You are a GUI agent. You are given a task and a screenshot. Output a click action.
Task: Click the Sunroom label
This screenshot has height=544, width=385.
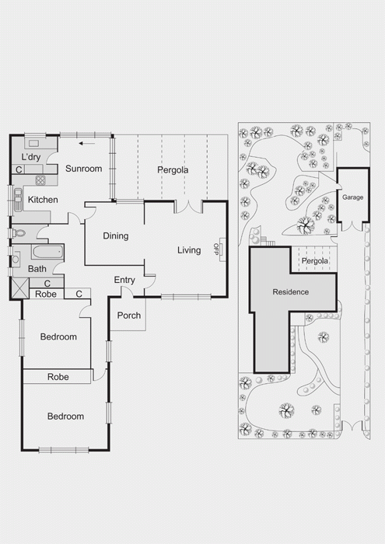(x=84, y=169)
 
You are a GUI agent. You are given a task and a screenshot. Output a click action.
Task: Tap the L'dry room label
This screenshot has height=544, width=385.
(x=31, y=157)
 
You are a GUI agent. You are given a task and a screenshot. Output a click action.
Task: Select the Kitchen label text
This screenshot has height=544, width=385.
(x=43, y=200)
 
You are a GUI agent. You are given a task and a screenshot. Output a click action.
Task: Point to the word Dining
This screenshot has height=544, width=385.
(x=116, y=236)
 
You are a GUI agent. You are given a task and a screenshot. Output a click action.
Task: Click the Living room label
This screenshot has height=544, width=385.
(x=189, y=250)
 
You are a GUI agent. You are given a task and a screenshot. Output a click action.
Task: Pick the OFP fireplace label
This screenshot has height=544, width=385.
(x=216, y=249)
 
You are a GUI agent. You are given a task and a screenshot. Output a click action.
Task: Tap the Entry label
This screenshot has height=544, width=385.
(x=124, y=280)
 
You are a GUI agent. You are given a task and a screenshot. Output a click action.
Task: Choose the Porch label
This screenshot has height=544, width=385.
(x=129, y=316)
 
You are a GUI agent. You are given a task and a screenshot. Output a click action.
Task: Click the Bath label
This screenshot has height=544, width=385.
(x=37, y=269)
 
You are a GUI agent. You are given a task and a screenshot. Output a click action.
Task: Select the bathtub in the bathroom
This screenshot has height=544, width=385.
(x=48, y=252)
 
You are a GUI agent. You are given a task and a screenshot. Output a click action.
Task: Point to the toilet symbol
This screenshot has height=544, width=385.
(x=19, y=233)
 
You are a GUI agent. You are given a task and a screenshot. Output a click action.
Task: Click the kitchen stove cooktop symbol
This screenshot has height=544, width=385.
(x=40, y=180)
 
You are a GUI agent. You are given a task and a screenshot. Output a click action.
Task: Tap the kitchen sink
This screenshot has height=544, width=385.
(x=18, y=201)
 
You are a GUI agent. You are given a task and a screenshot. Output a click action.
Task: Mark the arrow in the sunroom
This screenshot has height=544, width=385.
(x=87, y=143)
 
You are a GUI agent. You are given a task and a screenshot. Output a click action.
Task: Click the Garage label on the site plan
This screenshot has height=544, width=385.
(x=352, y=197)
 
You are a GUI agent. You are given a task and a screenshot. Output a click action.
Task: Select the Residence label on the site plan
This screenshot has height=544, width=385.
(x=291, y=292)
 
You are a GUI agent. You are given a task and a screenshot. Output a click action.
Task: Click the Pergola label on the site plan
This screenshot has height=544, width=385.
(x=314, y=261)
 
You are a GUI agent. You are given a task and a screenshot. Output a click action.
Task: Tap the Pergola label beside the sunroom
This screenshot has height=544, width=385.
(x=173, y=170)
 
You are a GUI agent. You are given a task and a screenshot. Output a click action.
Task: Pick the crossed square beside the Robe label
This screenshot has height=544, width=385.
(x=19, y=288)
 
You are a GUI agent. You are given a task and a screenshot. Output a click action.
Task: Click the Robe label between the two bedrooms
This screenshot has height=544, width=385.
(x=58, y=377)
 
